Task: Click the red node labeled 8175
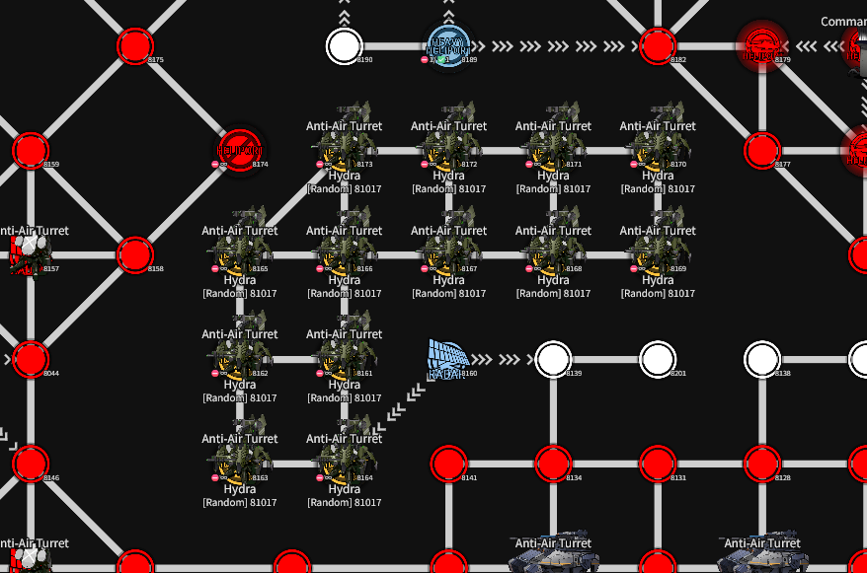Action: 135,46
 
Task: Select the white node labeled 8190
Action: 344,45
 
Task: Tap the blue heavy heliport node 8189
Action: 449,45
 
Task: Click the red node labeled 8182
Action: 658,45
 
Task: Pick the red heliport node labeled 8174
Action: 239,151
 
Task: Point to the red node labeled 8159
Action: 31,151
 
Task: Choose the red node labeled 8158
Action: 135,254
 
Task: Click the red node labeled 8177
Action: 761,151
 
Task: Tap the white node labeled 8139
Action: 553,359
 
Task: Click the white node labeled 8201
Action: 658,359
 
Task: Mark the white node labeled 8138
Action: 761,359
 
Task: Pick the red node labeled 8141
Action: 449,464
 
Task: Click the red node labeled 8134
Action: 553,464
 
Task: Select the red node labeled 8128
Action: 761,464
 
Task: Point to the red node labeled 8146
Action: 31,464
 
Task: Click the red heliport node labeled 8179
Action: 761,45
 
